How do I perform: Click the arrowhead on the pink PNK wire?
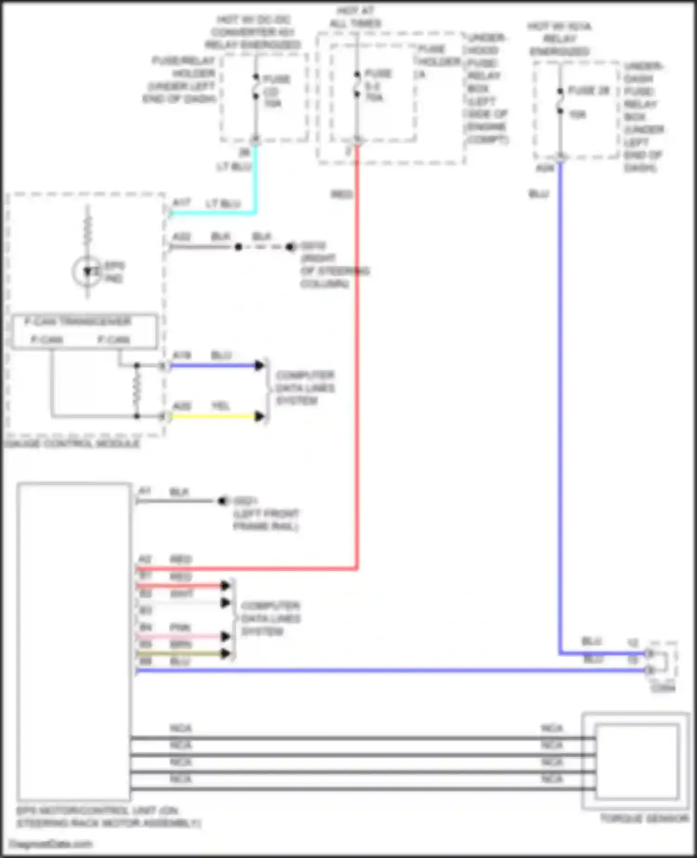[225, 636]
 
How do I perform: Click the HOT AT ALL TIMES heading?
[355, 17]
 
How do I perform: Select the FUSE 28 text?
[588, 91]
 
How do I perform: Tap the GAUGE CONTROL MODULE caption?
[72, 444]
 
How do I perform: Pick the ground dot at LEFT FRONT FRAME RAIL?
[222, 501]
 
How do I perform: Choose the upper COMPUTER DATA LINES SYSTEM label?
[305, 388]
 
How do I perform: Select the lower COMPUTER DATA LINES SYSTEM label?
[270, 619]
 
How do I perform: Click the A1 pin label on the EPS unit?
[145, 491]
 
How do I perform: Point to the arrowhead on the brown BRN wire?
[225, 653]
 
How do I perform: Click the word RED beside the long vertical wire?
[341, 194]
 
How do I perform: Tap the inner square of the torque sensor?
[636, 760]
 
